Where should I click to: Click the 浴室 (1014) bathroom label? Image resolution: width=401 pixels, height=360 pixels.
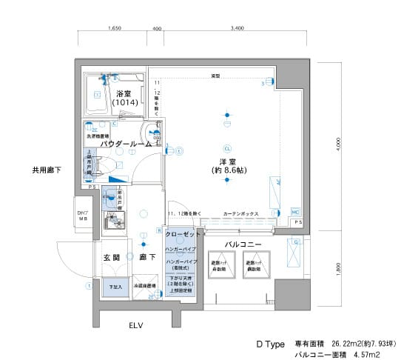[x=124, y=99]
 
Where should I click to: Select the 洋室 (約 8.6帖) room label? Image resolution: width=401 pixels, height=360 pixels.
[x=226, y=166]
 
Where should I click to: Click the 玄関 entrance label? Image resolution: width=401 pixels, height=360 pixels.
[x=111, y=257]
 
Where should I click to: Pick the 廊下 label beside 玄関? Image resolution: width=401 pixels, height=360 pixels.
[x=146, y=257]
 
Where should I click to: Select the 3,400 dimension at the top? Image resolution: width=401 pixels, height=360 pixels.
[x=237, y=29]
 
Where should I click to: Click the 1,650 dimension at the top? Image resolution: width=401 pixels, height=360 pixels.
[x=115, y=29]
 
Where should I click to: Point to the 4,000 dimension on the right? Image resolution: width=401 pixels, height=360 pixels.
[x=337, y=142]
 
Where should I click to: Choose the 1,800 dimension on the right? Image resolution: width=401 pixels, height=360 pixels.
[x=337, y=268]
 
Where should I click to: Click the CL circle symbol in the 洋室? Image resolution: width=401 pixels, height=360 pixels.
[x=228, y=147]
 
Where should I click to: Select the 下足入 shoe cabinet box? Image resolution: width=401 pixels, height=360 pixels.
[x=115, y=286]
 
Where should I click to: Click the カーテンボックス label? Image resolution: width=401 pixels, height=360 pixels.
[x=240, y=213]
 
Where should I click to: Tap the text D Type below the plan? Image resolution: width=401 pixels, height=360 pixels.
[x=271, y=344]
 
